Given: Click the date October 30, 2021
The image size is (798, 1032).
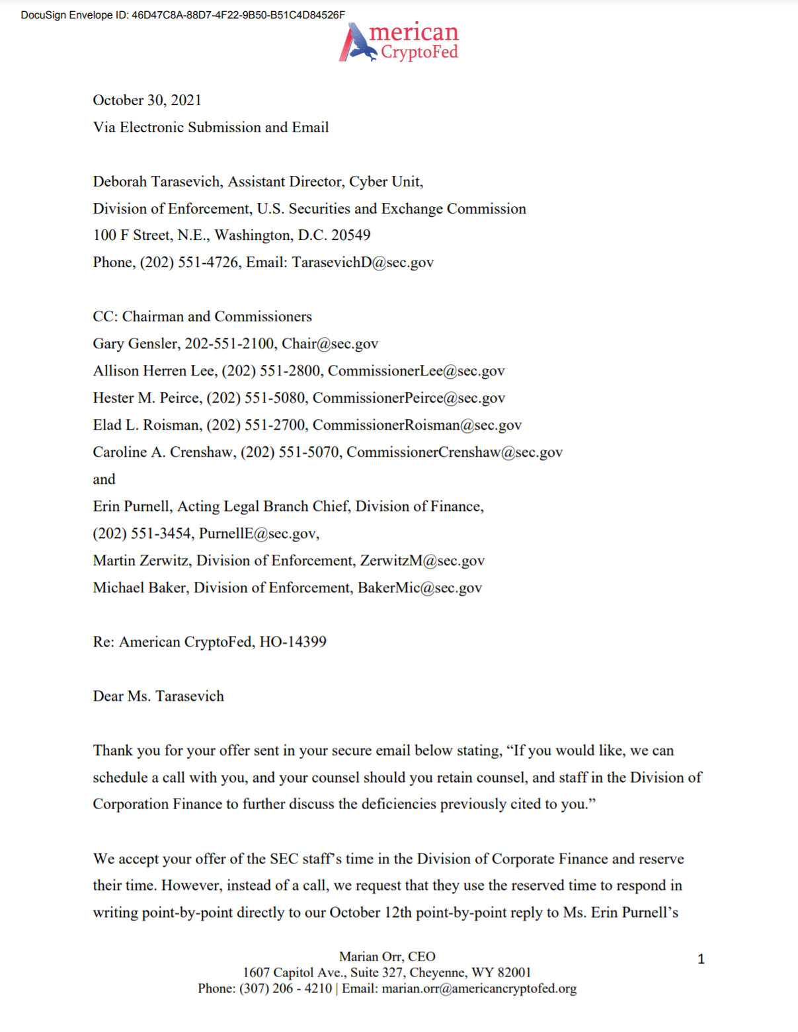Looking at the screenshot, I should pyautogui.click(x=147, y=100).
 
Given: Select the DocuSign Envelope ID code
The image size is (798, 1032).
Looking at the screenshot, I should pyautogui.click(x=238, y=15).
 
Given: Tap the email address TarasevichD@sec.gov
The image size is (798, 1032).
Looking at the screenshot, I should pyautogui.click(x=363, y=262).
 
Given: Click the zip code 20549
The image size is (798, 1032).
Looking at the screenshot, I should pyautogui.click(x=350, y=235).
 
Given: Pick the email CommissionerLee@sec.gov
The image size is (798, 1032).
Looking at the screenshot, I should pyautogui.click(x=416, y=371).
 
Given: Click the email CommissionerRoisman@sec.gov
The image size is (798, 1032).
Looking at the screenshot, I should pyautogui.click(x=417, y=425).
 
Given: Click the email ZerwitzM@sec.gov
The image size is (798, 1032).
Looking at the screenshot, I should pyautogui.click(x=422, y=561).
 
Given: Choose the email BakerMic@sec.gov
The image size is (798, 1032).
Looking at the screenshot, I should pyautogui.click(x=420, y=588).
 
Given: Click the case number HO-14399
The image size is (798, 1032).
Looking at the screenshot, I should pyautogui.click(x=293, y=642).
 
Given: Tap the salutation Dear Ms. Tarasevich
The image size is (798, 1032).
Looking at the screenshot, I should pyautogui.click(x=158, y=696).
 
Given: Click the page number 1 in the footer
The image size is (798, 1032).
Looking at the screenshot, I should pyautogui.click(x=701, y=959).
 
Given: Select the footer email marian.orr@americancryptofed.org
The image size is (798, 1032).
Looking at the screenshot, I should pyautogui.click(x=479, y=988).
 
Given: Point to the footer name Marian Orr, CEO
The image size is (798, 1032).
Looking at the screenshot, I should pyautogui.click(x=387, y=957).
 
